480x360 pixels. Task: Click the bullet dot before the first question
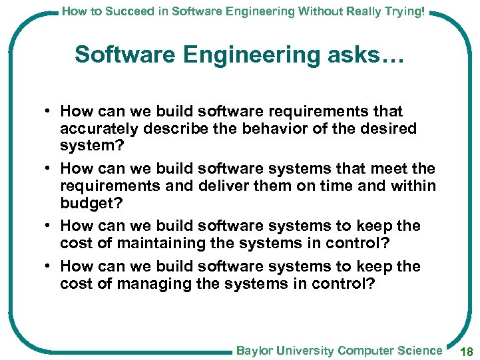pyautogui.click(x=49, y=111)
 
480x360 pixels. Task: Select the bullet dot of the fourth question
pyautogui.click(x=49, y=267)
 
